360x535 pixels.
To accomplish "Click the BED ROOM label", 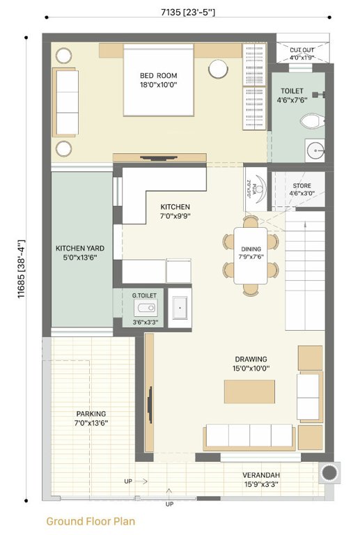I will [159, 80].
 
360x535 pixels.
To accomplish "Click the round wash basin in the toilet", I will [316, 150].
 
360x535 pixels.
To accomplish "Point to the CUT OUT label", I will [302, 54].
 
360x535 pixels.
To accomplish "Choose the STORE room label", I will [302, 189].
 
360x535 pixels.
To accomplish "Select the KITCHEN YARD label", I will [79, 252].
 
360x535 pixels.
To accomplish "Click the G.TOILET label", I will [144, 295].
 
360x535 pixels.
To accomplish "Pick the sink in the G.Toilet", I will [146, 308].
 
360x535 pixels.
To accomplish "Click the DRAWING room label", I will [250, 364].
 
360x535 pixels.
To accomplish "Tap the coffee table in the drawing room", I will [249, 391].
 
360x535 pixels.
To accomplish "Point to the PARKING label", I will [91, 418].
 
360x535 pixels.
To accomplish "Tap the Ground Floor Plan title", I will [91, 521].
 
